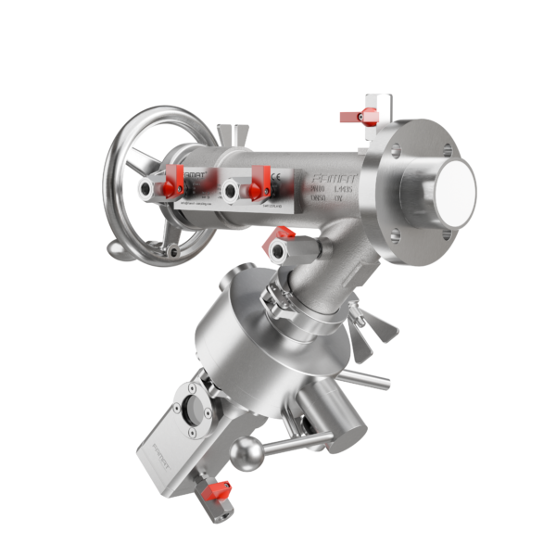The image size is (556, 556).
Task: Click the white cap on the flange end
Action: point(454,193)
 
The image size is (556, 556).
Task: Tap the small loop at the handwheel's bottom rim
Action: point(116,249)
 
